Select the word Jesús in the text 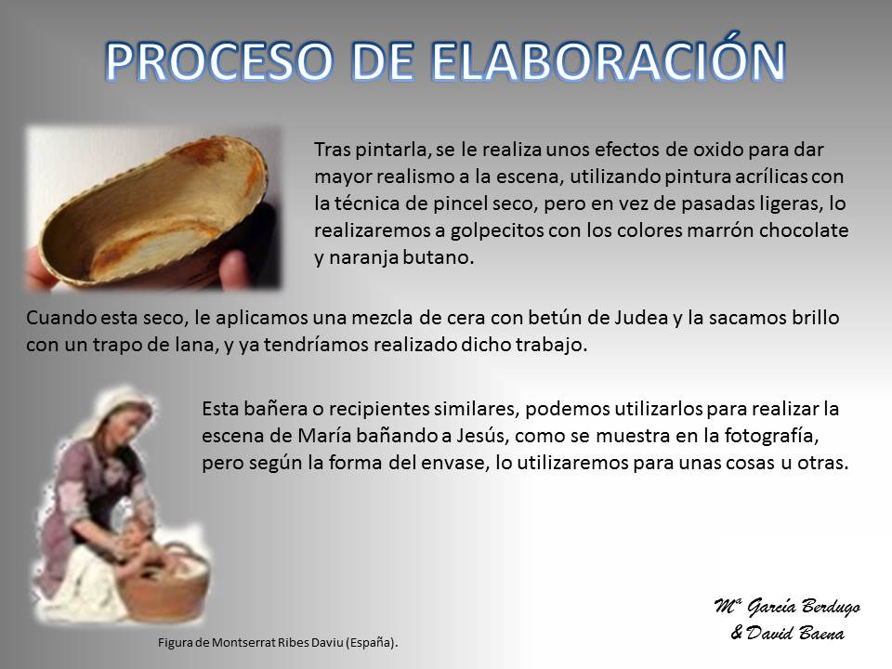click(483, 436)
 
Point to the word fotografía click(771, 436)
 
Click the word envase click(455, 463)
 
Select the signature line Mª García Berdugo click(787, 607)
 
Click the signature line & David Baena click(787, 633)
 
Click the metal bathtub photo click(153, 209)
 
